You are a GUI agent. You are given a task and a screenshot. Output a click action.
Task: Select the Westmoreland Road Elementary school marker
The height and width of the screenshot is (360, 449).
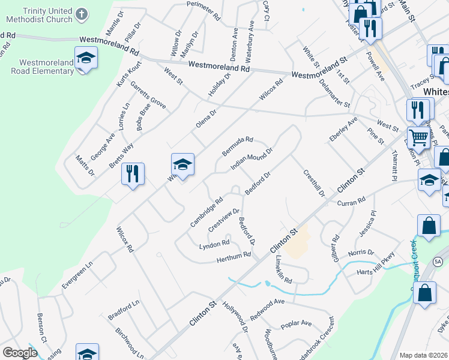coord(86,58)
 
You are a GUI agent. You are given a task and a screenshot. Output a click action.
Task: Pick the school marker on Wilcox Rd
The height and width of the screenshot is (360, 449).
coord(182,164)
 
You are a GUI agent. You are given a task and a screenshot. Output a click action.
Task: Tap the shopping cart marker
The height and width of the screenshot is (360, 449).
coord(419,137)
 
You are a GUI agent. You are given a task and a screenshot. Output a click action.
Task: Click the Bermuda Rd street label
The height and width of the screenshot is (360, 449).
coord(238,146)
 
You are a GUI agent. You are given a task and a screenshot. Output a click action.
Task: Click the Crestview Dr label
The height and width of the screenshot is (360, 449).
coord(224,221)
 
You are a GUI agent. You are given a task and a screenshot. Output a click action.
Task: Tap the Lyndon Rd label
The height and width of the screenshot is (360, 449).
coord(214,244)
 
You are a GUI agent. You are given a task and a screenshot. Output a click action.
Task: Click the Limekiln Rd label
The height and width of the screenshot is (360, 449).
coord(283,269)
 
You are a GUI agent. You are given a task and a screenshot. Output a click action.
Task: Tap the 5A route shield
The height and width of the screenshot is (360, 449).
coord(438,261)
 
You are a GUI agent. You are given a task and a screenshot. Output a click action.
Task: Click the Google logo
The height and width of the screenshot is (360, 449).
coord(20,353)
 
